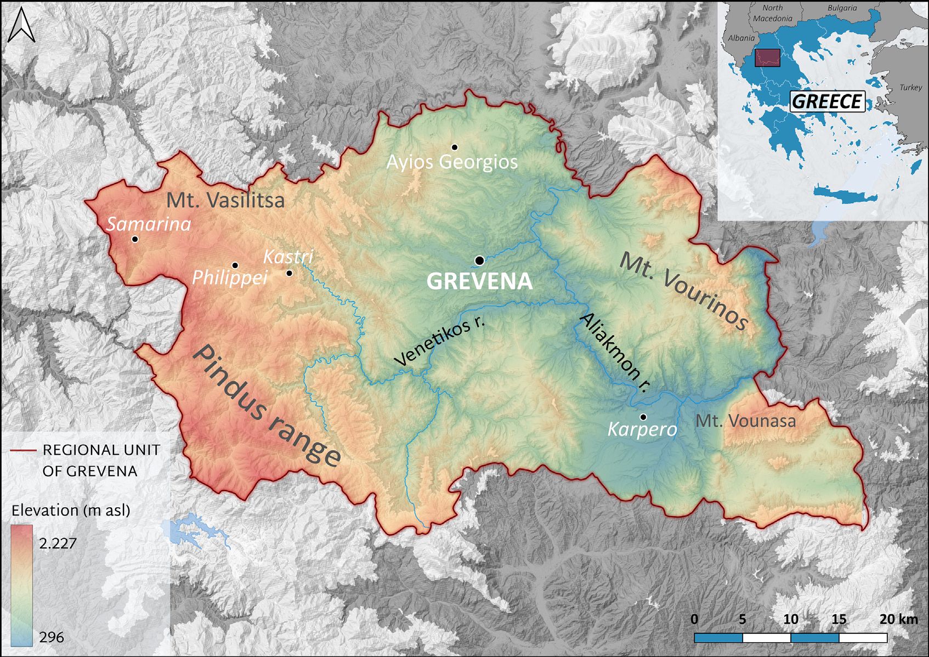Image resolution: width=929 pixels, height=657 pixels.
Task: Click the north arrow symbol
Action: [21, 27]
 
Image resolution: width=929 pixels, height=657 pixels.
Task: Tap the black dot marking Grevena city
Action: [479, 260]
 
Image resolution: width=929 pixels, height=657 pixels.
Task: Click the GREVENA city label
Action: [479, 281]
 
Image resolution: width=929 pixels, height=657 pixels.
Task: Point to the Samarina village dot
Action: [135, 239]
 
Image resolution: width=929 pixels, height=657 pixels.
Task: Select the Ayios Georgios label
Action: [452, 162]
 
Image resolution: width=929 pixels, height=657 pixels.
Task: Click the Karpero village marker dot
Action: [643, 417]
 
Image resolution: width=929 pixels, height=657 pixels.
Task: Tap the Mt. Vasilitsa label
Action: [225, 200]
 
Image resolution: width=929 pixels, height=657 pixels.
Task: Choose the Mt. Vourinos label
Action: [683, 291]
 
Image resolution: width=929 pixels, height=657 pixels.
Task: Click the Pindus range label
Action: [267, 406]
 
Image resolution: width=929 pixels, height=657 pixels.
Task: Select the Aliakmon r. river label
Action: [615, 352]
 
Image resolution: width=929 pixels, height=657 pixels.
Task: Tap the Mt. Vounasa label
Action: [745, 421]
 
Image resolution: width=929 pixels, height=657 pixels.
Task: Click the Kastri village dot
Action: [290, 273]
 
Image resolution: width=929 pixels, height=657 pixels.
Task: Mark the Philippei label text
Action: [230, 277]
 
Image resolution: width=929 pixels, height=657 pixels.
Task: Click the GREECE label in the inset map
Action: [827, 101]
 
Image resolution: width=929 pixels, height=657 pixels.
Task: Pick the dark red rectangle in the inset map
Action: [767, 58]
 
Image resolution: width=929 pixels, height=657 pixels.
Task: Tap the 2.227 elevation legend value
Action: [58, 543]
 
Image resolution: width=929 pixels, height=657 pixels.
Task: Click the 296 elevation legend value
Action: [52, 637]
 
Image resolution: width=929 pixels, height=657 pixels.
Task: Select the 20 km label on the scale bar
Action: [898, 619]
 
